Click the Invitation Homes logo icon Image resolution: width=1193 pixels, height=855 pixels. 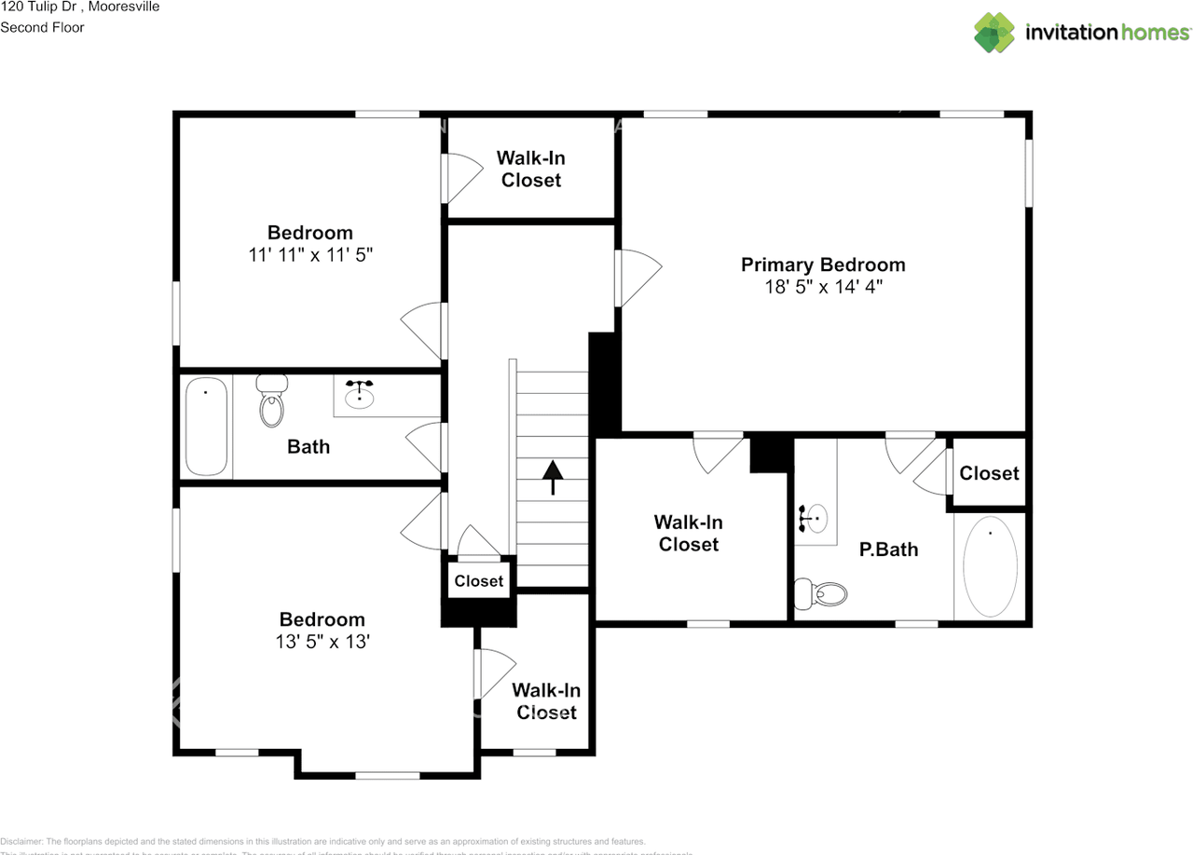(994, 33)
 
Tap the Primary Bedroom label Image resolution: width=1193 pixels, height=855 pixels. (823, 265)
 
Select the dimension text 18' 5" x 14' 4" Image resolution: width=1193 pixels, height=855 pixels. (823, 288)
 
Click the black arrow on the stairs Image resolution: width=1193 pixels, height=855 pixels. (553, 477)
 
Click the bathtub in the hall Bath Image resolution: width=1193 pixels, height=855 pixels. (206, 427)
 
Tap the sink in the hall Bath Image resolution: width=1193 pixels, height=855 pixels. (360, 395)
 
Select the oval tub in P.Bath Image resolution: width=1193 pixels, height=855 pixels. (990, 566)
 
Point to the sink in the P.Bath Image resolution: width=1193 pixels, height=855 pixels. (814, 518)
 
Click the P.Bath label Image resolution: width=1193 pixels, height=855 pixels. (888, 550)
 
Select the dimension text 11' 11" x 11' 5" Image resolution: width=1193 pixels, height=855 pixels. (310, 255)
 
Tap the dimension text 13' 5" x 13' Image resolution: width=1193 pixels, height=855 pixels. (322, 642)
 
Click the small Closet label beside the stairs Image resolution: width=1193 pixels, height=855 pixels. (479, 581)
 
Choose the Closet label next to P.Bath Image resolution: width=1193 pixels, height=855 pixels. (989, 473)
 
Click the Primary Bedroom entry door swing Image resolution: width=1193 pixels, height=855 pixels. (637, 278)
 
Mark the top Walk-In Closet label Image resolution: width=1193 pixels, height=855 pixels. (530, 170)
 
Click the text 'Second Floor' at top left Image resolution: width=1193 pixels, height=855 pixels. (42, 27)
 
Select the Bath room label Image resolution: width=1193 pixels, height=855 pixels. (309, 447)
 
